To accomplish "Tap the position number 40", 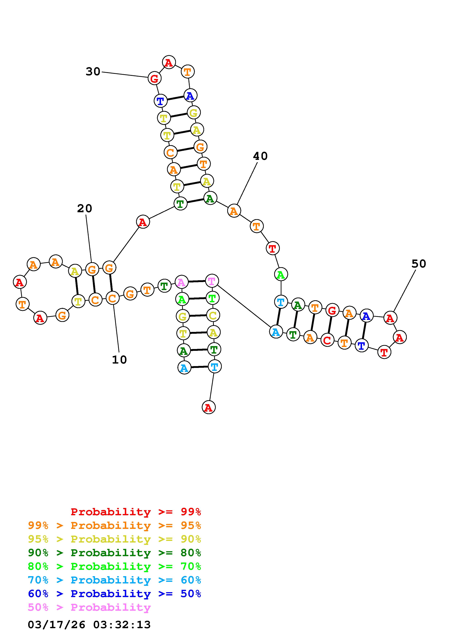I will [260, 156].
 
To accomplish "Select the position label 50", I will [418, 264].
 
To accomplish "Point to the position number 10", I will [119, 360].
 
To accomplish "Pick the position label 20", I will [84, 208].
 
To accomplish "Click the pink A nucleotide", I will [181, 282].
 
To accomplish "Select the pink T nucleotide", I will [211, 281].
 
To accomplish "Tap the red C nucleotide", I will [327, 340].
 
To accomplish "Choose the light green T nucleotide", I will [212, 298].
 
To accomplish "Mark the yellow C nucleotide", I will [213, 315].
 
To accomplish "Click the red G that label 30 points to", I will [154, 78].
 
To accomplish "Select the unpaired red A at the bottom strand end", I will [208, 407].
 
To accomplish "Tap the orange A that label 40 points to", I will [234, 211].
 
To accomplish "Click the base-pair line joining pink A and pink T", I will [196, 282].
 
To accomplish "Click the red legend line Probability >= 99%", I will [136, 512].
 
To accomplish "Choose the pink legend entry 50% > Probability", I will [89, 607].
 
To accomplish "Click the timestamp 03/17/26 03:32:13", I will [89, 625].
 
